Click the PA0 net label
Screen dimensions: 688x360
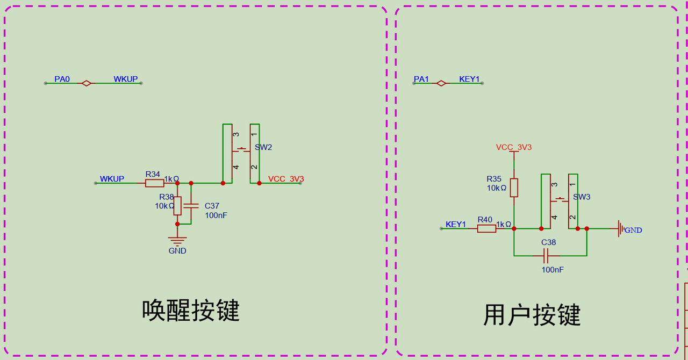62,79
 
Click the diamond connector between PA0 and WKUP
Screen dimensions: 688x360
87,83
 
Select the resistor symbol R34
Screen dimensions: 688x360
154,183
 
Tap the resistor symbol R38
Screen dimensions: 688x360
177,206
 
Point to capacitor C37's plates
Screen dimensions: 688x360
191,206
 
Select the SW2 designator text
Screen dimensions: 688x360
263,147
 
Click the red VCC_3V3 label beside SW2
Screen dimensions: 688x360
286,179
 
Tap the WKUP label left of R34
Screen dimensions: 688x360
112,179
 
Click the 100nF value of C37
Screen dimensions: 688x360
216,215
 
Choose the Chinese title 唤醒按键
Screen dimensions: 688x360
190,310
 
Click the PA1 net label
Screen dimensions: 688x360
421,79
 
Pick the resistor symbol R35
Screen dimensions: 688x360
514,188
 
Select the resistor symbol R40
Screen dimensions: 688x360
486,228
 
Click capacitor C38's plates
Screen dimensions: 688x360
546,256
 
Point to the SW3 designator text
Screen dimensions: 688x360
582,197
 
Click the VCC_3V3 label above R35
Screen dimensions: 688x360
514,147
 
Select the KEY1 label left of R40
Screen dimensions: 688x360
456,224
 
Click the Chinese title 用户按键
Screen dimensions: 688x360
532,315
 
